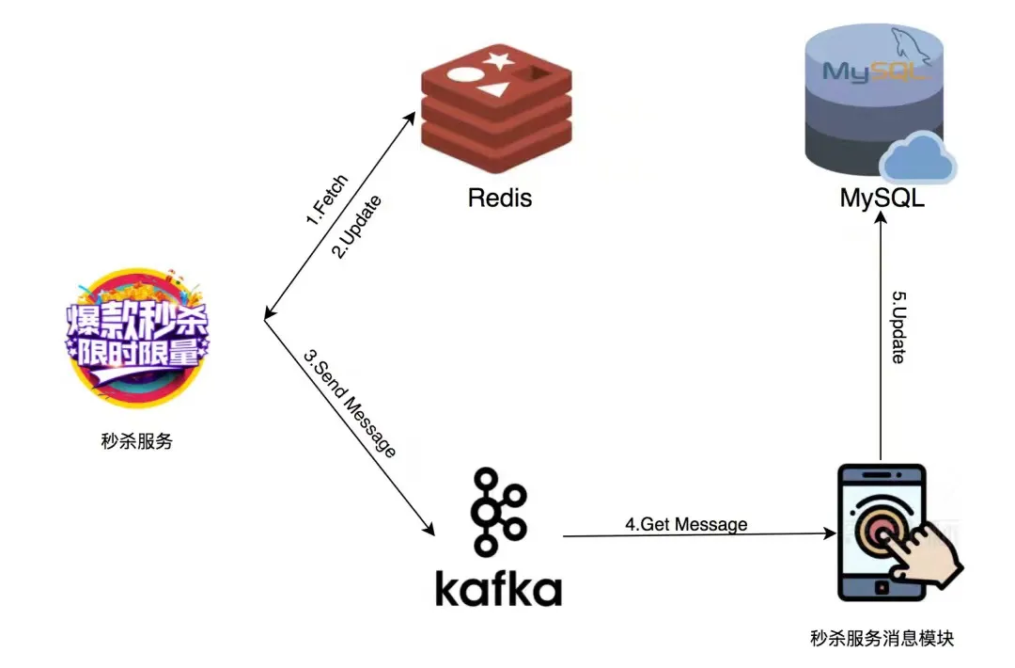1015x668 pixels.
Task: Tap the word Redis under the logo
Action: (x=500, y=198)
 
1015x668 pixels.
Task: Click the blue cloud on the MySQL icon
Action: (x=917, y=157)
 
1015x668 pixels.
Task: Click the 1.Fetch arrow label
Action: (x=326, y=200)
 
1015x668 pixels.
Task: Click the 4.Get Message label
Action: (x=686, y=524)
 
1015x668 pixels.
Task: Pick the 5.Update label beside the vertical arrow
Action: (x=898, y=326)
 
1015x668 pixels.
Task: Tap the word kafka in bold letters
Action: (x=498, y=588)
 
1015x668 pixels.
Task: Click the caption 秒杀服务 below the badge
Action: (x=137, y=440)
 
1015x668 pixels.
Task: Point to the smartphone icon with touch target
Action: (x=881, y=533)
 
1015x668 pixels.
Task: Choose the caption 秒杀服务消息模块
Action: (x=882, y=638)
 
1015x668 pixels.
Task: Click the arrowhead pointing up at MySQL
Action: (x=880, y=219)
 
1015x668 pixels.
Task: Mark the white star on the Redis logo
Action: (x=499, y=63)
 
